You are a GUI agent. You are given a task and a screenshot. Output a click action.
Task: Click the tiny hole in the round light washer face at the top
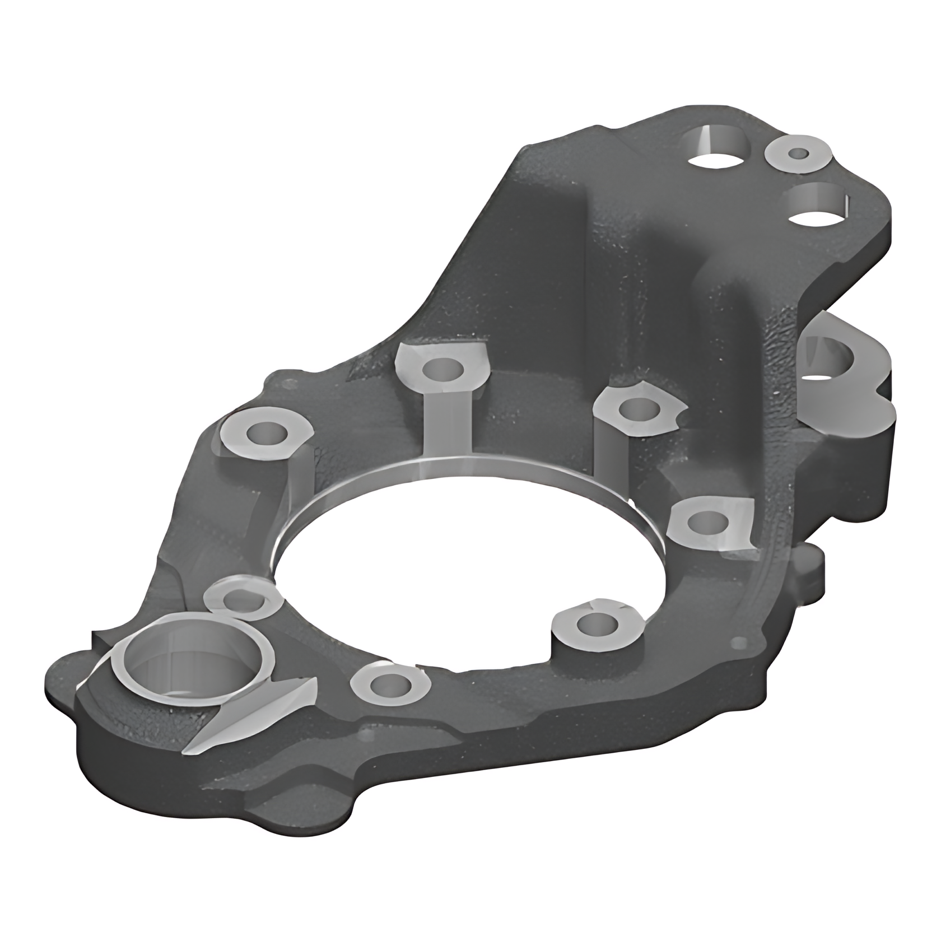click(x=798, y=153)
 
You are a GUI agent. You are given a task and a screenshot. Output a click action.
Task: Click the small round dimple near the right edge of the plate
click(x=742, y=642)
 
